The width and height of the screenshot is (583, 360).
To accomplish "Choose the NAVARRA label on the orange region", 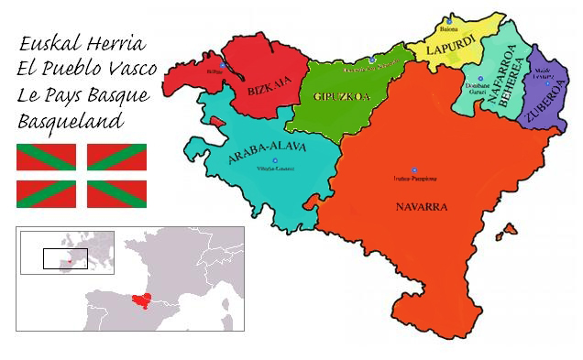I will [x=422, y=207].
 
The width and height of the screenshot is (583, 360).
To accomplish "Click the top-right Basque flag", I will [x=117, y=158].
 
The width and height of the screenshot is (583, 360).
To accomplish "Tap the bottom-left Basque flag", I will [x=46, y=192].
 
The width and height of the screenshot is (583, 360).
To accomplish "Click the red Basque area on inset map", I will [x=140, y=297].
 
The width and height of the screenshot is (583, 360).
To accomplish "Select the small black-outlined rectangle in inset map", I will [x=65, y=258].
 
